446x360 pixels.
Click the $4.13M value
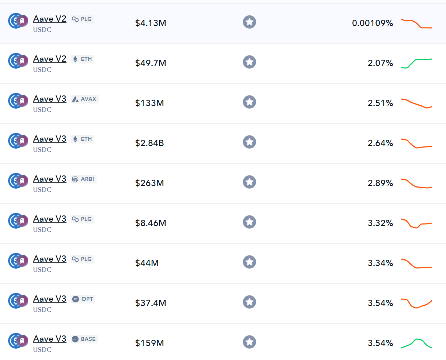pos(151,23)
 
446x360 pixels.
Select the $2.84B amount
pos(149,143)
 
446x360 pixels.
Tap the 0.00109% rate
pos(372,23)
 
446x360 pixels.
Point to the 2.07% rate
pos(380,63)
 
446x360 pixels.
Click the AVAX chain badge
pos(85,99)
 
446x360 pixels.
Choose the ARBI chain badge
pos(84,179)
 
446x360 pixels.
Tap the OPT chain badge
pos(83,299)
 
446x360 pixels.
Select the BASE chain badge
pos(84,339)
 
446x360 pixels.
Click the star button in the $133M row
pos(249,102)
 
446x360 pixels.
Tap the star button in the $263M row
pos(249,182)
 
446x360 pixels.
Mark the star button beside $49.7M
pos(249,62)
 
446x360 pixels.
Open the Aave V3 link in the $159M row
pos(50,339)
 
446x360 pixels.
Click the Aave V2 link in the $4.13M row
pos(50,19)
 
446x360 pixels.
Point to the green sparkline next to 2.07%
pos(417,63)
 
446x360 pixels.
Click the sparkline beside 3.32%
pos(417,223)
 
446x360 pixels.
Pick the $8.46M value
pos(151,223)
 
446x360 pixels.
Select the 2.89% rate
pos(380,183)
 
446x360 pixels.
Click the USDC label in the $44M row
pos(42,269)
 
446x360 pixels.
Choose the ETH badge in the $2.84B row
pos(83,139)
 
